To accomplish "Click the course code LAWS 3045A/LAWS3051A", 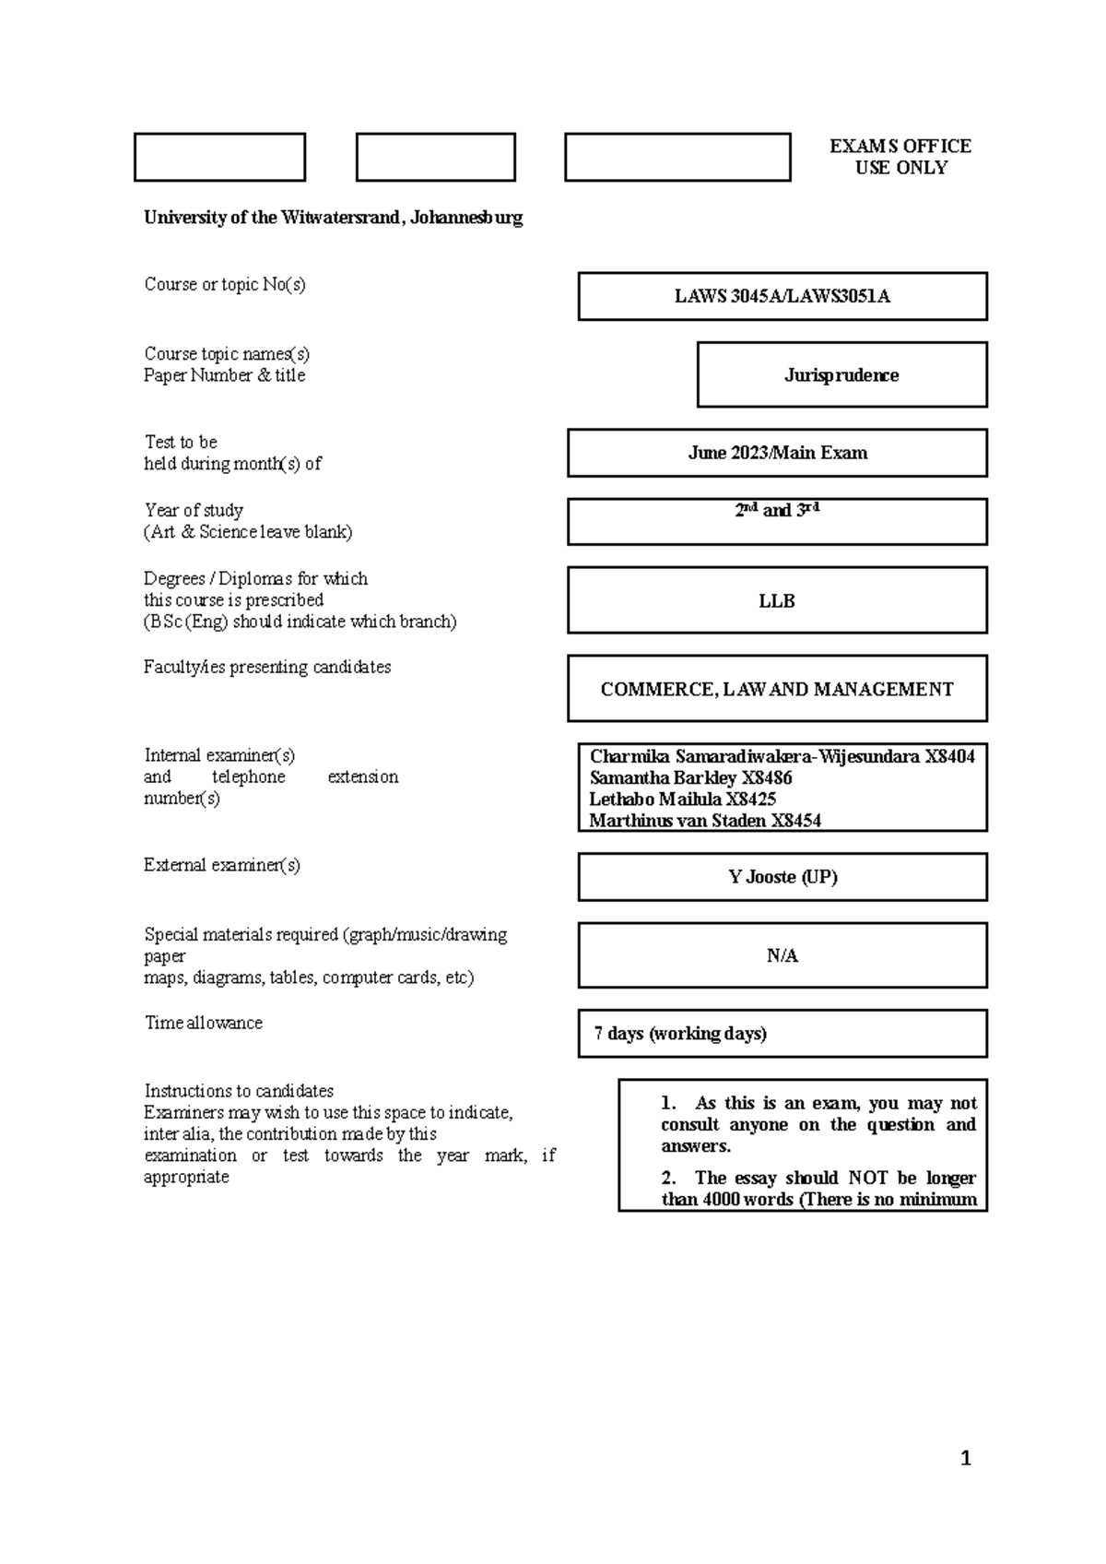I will (x=782, y=297).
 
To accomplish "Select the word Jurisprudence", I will (x=841, y=375).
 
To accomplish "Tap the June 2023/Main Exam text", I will (x=777, y=453).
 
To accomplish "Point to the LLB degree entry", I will (x=777, y=601).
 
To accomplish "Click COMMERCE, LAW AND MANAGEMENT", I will (x=777, y=690).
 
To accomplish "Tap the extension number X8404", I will (x=949, y=757).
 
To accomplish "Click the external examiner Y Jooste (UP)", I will (x=782, y=877).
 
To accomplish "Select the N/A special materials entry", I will (x=782, y=956).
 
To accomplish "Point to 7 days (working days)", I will (x=680, y=1034).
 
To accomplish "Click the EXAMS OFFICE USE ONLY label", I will (x=900, y=157).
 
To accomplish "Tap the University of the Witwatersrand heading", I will (x=333, y=218).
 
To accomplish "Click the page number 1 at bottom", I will (x=966, y=1458).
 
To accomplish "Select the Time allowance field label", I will (x=203, y=1023).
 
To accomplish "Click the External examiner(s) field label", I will (x=221, y=865).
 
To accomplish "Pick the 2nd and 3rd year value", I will (x=777, y=510).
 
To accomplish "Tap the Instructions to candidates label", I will (x=239, y=1091).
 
